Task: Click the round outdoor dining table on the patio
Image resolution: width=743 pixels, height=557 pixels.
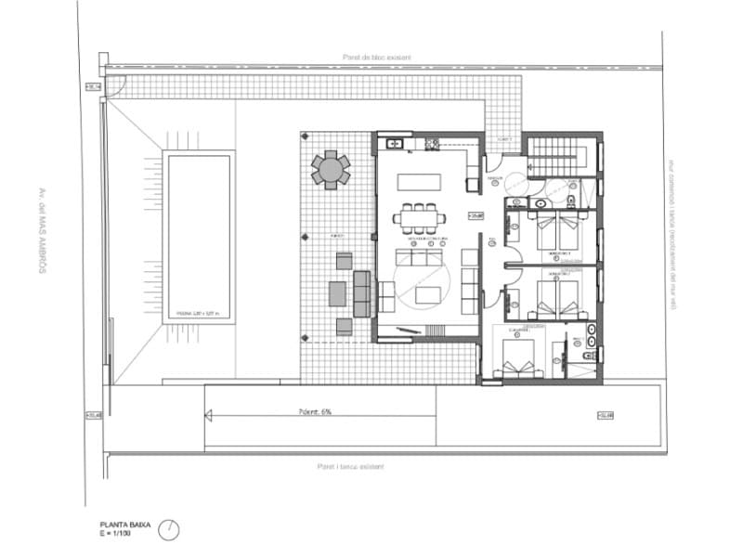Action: [x=331, y=169]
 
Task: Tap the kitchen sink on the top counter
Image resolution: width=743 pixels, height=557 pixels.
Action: [x=394, y=144]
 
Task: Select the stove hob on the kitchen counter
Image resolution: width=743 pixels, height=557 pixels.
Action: [x=432, y=144]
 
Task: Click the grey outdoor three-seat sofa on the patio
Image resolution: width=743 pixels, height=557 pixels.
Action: [x=361, y=293]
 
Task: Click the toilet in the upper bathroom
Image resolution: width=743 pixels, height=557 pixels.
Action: [x=570, y=199]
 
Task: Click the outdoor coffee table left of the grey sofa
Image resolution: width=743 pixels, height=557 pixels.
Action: [x=337, y=293]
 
